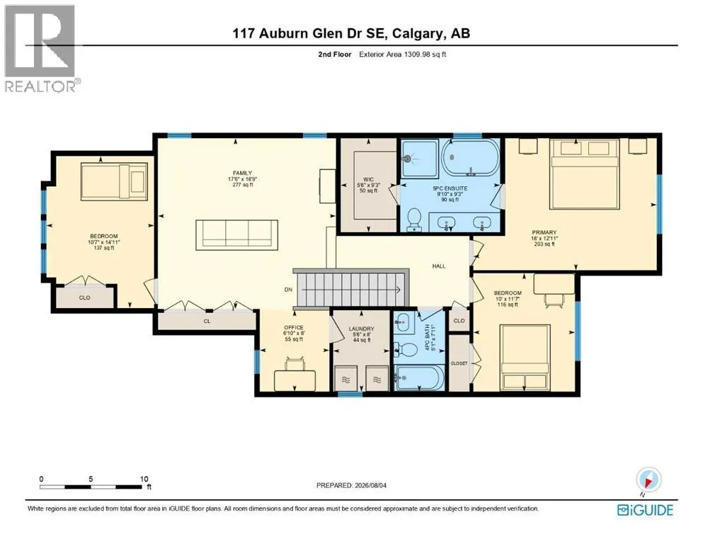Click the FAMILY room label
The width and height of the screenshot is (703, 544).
(242, 173)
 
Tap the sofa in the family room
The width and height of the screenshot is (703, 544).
(236, 233)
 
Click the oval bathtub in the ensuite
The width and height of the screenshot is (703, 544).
(470, 157)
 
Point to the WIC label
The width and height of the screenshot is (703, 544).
(369, 179)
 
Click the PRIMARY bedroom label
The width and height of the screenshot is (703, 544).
(544, 232)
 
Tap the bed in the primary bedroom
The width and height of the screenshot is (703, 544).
(585, 174)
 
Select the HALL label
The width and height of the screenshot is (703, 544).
(439, 266)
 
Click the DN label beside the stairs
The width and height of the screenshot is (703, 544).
(288, 290)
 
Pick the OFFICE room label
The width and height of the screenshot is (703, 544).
(294, 327)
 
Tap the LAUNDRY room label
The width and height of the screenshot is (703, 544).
(361, 329)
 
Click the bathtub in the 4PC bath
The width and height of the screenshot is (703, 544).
(418, 378)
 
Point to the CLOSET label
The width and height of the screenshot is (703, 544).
(459, 363)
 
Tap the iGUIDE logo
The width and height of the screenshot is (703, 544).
(645, 510)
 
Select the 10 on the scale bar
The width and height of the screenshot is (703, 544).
(144, 479)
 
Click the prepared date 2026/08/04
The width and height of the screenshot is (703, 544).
(370, 485)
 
